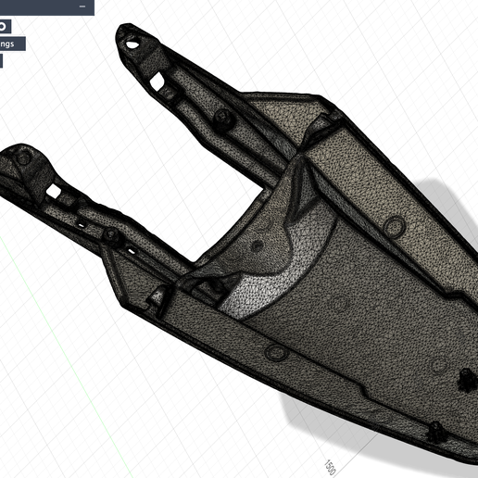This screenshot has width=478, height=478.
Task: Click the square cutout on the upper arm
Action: [170, 92]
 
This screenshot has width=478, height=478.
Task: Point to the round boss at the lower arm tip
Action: [23, 158]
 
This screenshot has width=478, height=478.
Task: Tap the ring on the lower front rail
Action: [274, 352]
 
